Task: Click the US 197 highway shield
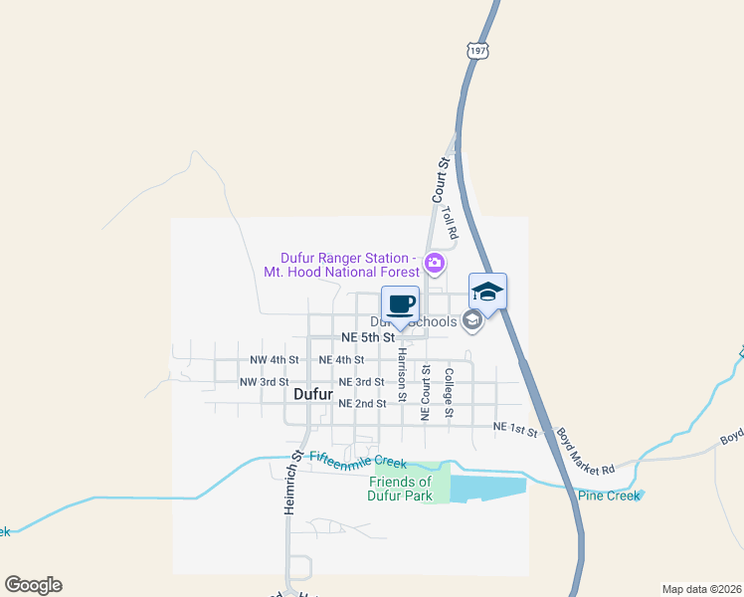coord(474,49)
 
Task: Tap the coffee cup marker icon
coord(401,303)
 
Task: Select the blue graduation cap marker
coord(487,292)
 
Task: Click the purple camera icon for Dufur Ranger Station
coord(434,264)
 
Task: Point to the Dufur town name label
coord(312,394)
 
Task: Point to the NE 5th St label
coord(368,337)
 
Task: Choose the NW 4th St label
coord(274,359)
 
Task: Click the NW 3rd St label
coord(264,381)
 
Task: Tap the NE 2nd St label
coord(362,403)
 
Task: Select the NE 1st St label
coord(515,428)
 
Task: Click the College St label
coord(450,393)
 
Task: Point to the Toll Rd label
coord(449,221)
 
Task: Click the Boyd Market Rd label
coord(586,451)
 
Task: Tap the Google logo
coord(33,585)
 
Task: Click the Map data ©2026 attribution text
coord(700,588)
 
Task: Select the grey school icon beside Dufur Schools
coord(472,320)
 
